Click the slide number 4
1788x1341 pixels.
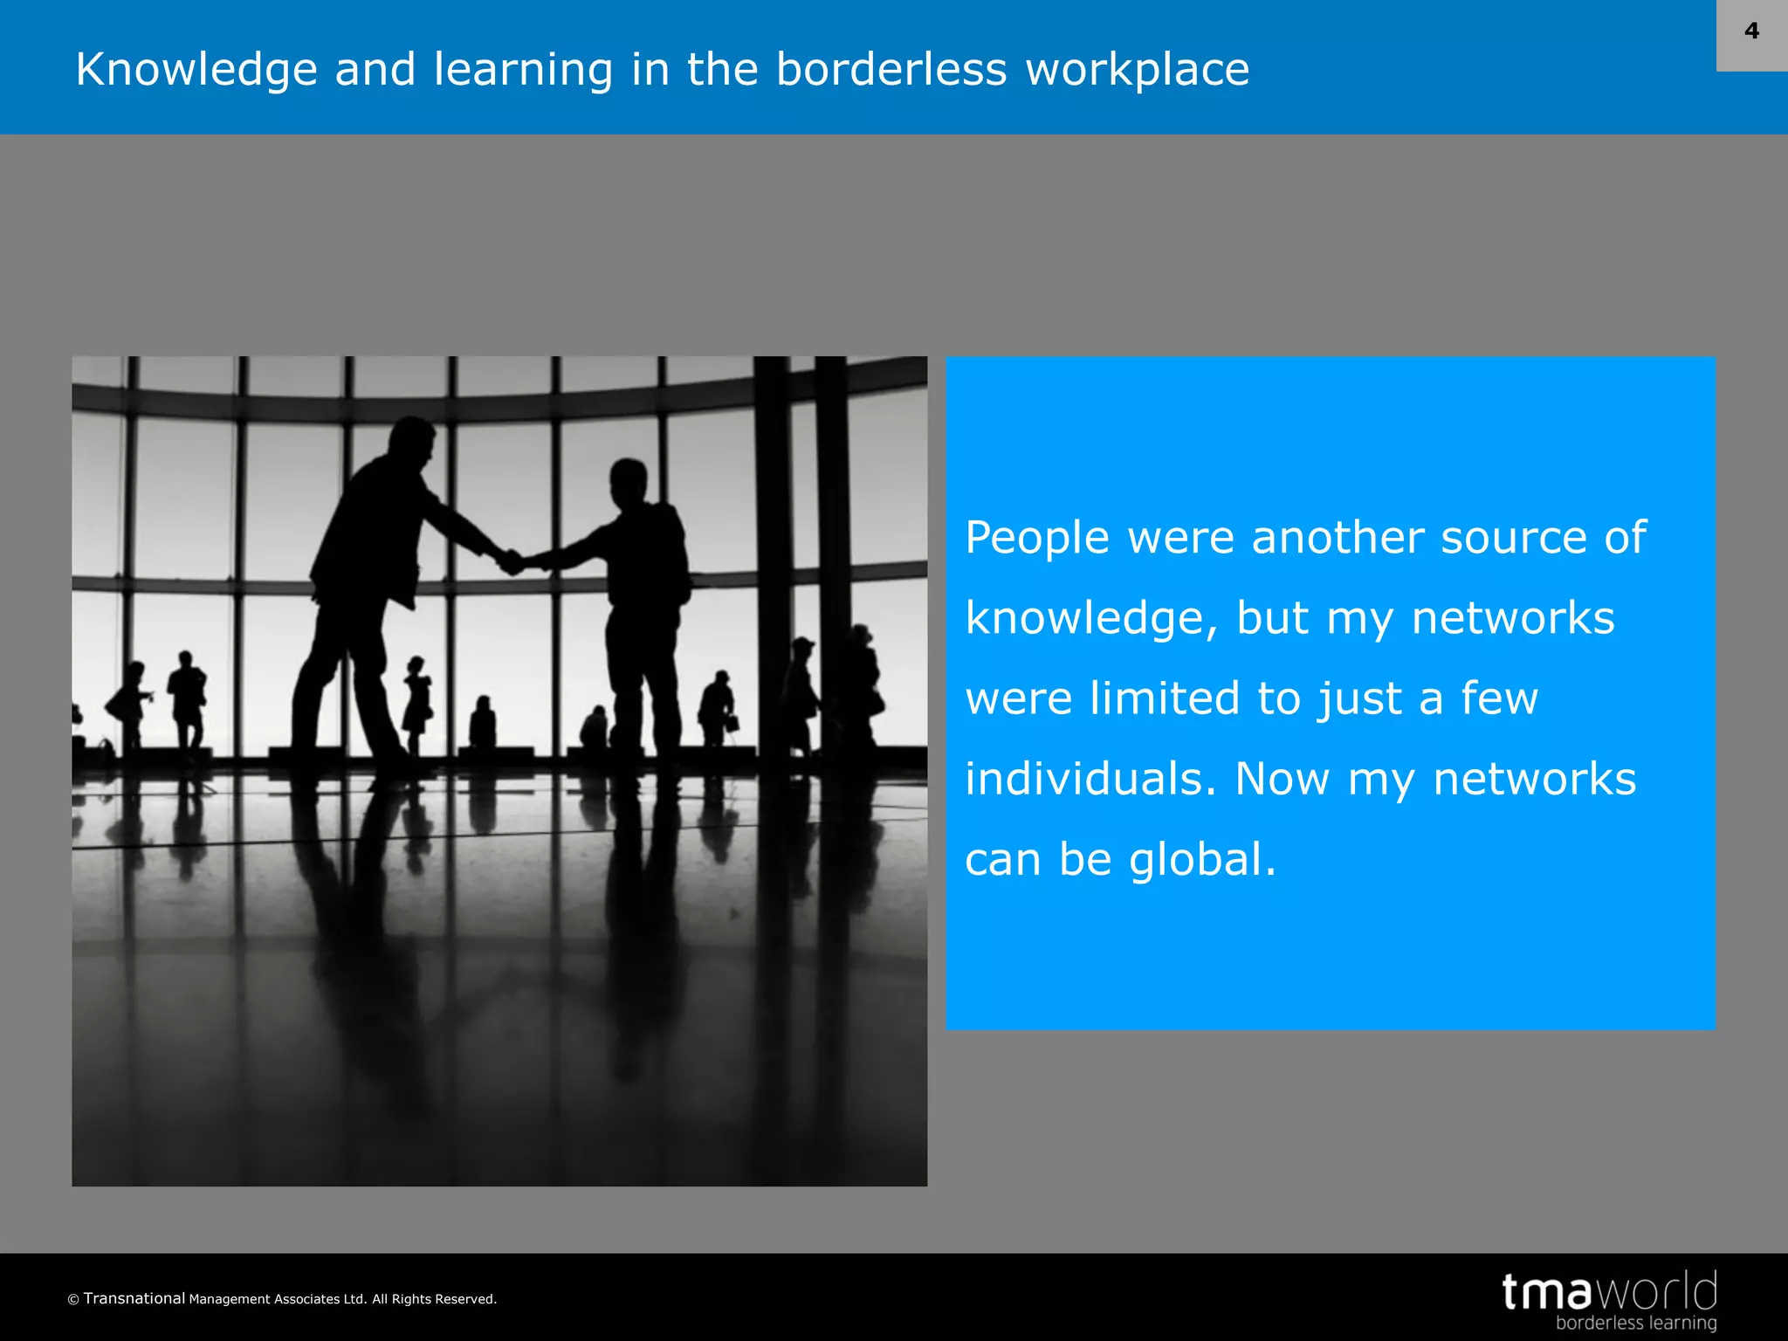point(1751,31)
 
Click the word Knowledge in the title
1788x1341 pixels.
point(196,69)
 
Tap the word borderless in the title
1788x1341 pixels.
point(891,69)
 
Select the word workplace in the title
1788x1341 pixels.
point(1138,69)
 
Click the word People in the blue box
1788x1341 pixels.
point(1037,537)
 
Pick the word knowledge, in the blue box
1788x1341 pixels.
point(1091,618)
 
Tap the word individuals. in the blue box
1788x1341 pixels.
point(1090,779)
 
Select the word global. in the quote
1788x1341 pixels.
point(1202,859)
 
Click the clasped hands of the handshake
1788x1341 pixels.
point(511,561)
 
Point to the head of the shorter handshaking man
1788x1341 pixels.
point(629,482)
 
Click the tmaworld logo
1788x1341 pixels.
point(1609,1291)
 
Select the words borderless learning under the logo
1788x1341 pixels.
point(1635,1323)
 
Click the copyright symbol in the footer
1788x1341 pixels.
point(73,1300)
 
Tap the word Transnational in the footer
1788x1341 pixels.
point(134,1298)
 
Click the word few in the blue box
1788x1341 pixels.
point(1499,698)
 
